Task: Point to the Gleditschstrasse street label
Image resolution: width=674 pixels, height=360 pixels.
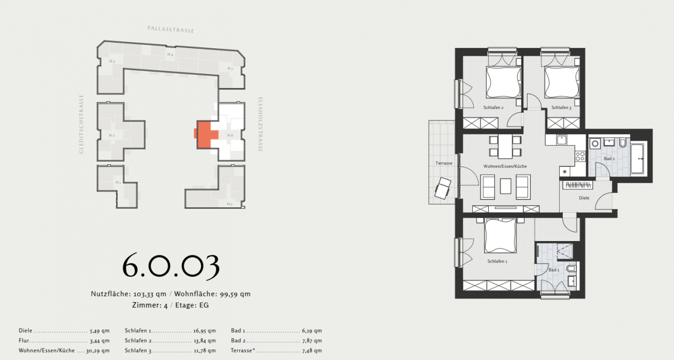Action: pyautogui.click(x=81, y=124)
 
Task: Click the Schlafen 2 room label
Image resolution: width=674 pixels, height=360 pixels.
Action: pyautogui.click(x=494, y=107)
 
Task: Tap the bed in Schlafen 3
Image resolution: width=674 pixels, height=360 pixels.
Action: pyautogui.click(x=561, y=83)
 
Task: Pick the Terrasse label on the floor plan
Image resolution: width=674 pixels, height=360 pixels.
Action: pyautogui.click(x=444, y=163)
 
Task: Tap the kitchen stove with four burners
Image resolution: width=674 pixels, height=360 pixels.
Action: pyautogui.click(x=580, y=156)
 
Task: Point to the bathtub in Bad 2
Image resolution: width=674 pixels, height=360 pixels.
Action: pyautogui.click(x=640, y=157)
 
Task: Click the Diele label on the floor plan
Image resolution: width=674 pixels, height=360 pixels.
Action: pyautogui.click(x=583, y=198)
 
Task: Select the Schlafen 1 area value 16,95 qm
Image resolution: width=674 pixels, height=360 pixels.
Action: pyautogui.click(x=204, y=331)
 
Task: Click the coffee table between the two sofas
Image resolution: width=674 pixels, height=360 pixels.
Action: pyautogui.click(x=506, y=186)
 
